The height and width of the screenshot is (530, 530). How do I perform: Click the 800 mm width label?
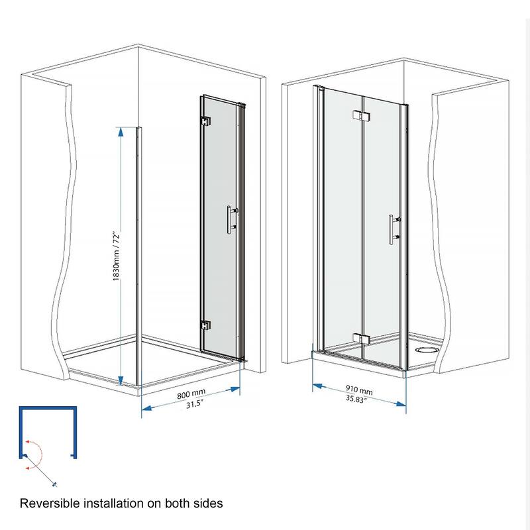(191, 396)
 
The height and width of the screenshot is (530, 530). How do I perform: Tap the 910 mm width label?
(359, 390)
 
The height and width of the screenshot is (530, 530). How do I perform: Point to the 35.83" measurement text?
(359, 399)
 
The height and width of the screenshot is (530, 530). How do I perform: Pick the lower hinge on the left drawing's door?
(206, 326)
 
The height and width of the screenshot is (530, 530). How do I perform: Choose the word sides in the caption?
(208, 503)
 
